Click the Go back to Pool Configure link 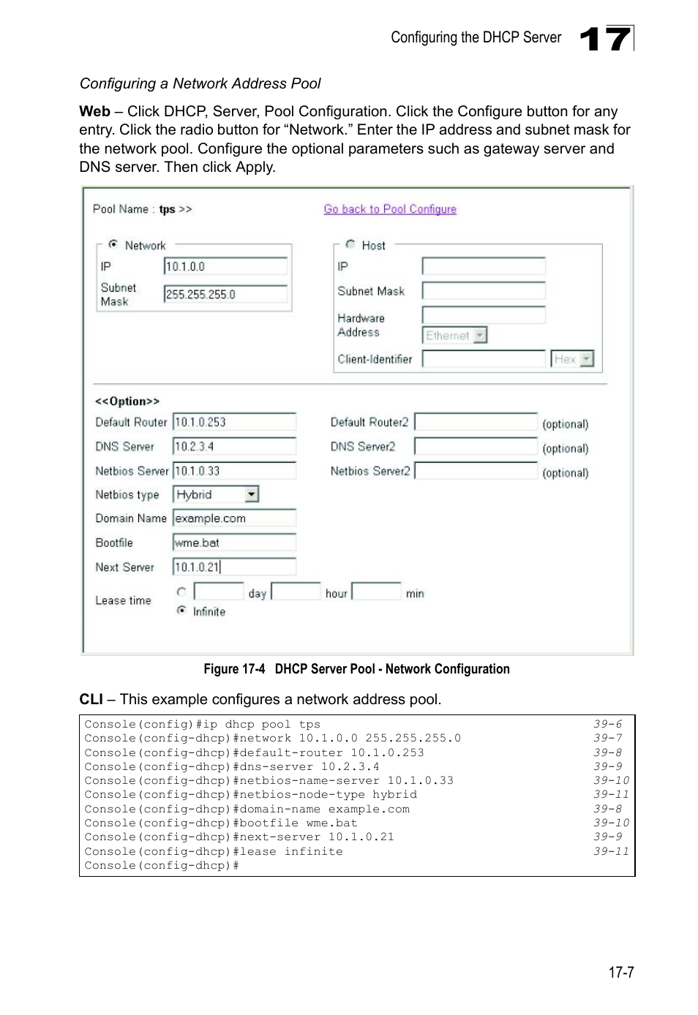pyautogui.click(x=389, y=209)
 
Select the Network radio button pyautogui.click(x=113, y=244)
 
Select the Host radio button pyautogui.click(x=350, y=244)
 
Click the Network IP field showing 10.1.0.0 pyautogui.click(x=225, y=267)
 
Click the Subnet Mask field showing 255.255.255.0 pyautogui.click(x=225, y=294)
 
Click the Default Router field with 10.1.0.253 pyautogui.click(x=234, y=422)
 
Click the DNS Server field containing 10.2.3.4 pyautogui.click(x=234, y=446)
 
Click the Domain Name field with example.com pyautogui.click(x=234, y=518)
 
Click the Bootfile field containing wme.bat pyautogui.click(x=234, y=543)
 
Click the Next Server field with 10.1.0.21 pyautogui.click(x=234, y=567)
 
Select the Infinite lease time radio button pyautogui.click(x=181, y=611)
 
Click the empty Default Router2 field pyautogui.click(x=476, y=423)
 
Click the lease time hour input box pyautogui.click(x=296, y=592)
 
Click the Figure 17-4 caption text pyautogui.click(x=356, y=669)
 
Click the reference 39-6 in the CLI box pyautogui.click(x=607, y=724)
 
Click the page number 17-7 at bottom pyautogui.click(x=620, y=972)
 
